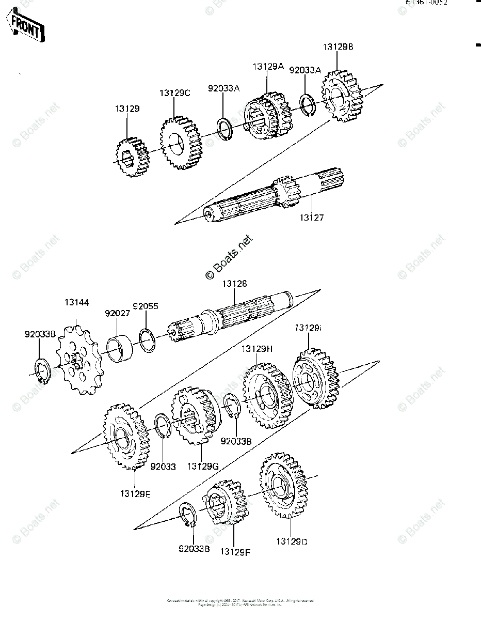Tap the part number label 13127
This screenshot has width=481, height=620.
pos(311,218)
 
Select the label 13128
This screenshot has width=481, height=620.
pos(234,284)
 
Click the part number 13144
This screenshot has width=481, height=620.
pos(76,302)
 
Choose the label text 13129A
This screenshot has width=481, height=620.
pos(268,67)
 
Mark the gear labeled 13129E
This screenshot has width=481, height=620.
pos(124,437)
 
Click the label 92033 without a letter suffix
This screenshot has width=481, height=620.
pos(163,467)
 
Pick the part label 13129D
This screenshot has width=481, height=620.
pos(292,541)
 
